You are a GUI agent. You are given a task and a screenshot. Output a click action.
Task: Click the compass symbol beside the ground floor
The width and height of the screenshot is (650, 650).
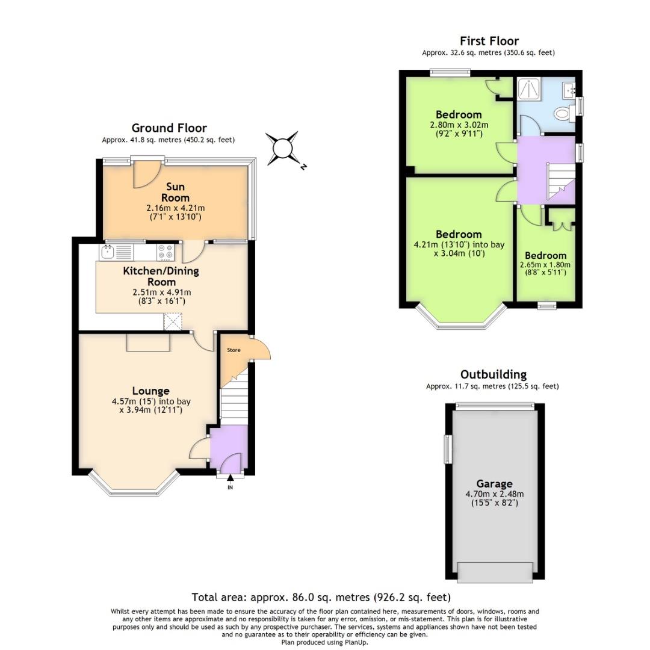coord(282,147)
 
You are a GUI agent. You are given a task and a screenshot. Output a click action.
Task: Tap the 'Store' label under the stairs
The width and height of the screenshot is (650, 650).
coord(234,350)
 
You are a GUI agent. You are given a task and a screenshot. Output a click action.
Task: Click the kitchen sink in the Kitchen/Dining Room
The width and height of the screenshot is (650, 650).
coord(109,252)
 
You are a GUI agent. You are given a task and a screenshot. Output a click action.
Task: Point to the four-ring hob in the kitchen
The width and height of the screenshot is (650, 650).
coord(166,252)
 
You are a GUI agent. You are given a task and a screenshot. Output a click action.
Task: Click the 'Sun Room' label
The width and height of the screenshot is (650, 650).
coord(175,192)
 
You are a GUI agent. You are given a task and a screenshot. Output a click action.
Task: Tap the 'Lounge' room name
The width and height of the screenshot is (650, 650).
coord(150,391)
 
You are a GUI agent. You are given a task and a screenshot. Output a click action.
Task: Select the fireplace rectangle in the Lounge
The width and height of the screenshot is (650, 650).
coord(148,342)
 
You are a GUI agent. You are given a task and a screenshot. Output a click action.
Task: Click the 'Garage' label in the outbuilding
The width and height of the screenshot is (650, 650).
coord(494,483)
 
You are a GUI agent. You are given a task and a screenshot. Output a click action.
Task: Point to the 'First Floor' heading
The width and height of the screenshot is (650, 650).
coord(489,41)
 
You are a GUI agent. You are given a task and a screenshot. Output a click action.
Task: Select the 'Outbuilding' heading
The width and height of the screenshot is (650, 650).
coord(493,374)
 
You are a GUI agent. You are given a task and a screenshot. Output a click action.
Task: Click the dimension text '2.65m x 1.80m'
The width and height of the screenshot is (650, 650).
coord(545,265)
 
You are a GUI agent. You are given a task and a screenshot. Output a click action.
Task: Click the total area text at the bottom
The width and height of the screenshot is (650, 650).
coord(321,598)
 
